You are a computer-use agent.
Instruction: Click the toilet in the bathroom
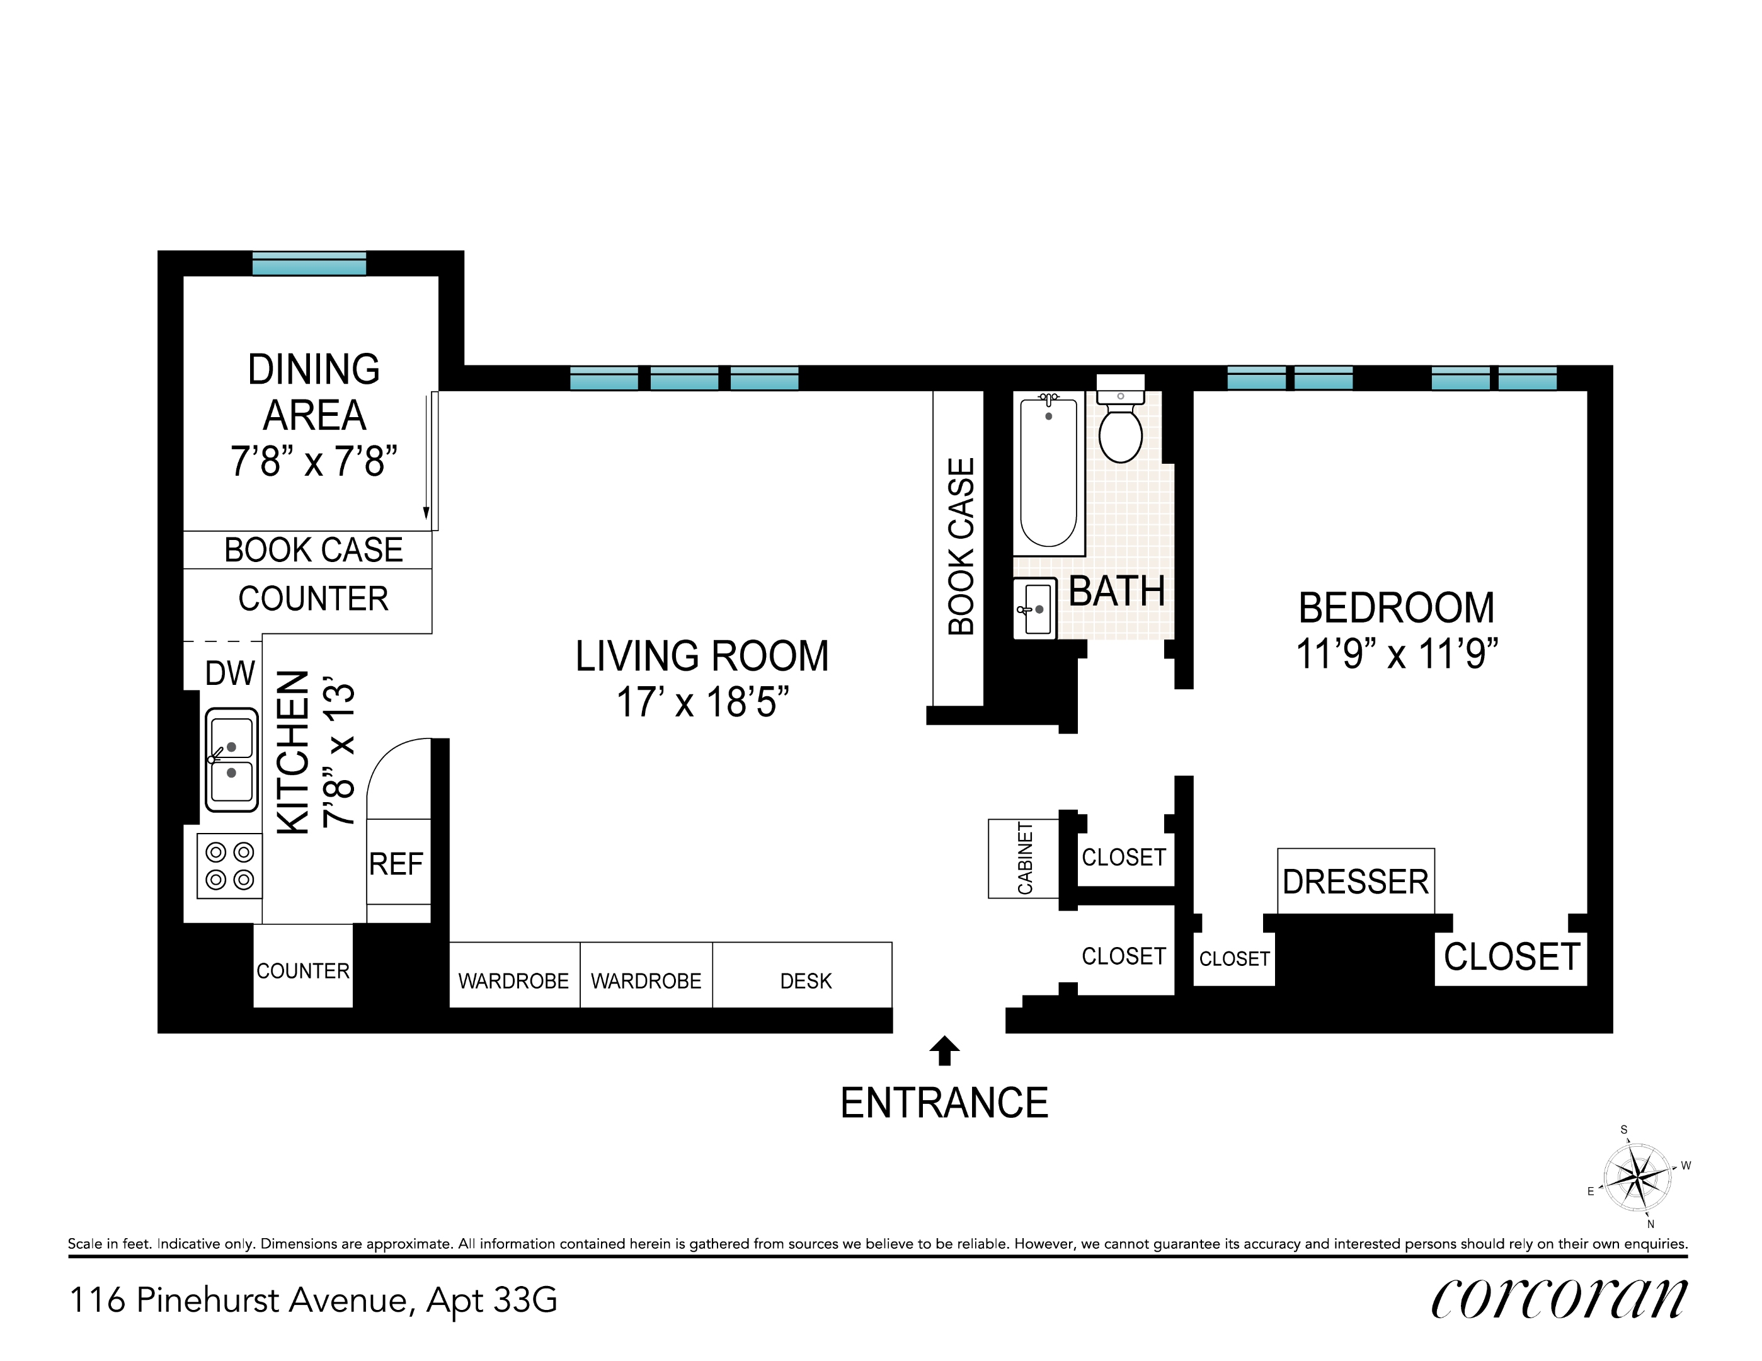(x=1121, y=428)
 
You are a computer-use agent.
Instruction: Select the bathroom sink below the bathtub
(x=1035, y=609)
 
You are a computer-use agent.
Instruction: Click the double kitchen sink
(x=232, y=759)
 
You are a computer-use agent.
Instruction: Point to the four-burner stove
(x=230, y=866)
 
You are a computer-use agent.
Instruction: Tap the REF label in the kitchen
(x=396, y=864)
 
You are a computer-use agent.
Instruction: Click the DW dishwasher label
(x=230, y=674)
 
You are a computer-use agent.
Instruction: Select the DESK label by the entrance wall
(x=805, y=981)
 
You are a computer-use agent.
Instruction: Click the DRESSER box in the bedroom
(x=1356, y=881)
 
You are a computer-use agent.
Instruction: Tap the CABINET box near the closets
(x=1024, y=858)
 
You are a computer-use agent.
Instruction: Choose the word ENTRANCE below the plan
(x=944, y=1103)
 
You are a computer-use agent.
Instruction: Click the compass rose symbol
(x=1637, y=1178)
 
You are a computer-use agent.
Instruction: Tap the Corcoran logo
(x=1559, y=1298)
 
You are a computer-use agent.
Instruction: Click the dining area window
(x=309, y=263)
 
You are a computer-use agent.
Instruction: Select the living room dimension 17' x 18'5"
(x=702, y=702)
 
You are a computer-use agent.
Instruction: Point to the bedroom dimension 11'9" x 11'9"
(x=1397, y=653)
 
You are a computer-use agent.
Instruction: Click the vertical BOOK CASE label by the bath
(x=961, y=547)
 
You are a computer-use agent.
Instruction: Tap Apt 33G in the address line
(x=492, y=1300)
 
